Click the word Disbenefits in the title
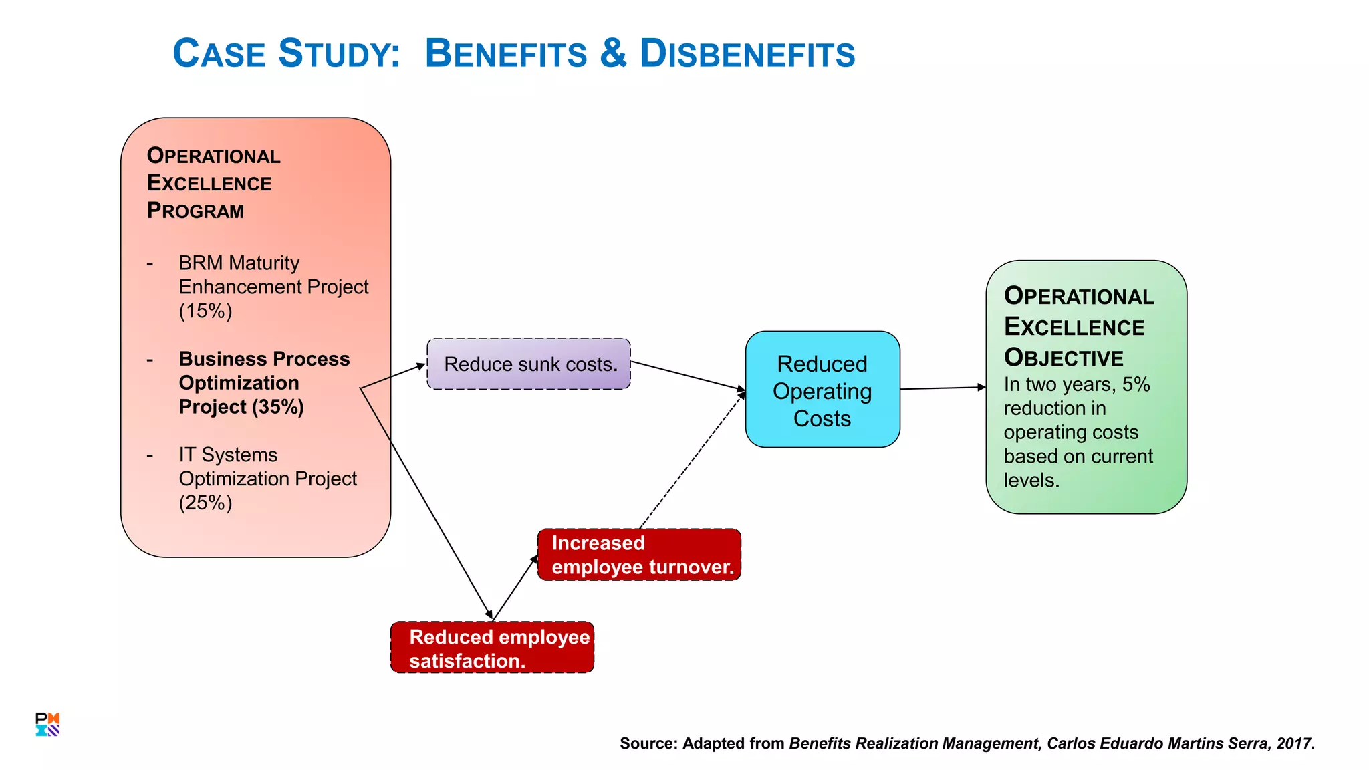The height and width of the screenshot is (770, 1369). coord(747,53)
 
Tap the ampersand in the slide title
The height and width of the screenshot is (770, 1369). coord(613,53)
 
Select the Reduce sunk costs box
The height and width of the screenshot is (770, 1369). coord(528,364)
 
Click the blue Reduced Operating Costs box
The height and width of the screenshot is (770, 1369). coord(822,390)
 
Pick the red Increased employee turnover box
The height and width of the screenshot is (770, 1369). coord(639,555)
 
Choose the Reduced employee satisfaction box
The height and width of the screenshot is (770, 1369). coord(492,648)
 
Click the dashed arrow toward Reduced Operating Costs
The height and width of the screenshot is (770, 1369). coord(692,461)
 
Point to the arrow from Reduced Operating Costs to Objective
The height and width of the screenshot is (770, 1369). coord(943,388)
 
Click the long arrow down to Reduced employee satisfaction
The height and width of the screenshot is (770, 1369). coord(428,505)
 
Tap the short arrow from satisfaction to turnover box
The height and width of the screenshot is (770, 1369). coord(515,588)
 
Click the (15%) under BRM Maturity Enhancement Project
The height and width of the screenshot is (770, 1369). coord(205,311)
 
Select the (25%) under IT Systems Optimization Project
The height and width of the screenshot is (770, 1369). coord(205,503)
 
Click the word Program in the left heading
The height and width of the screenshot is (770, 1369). coord(195,211)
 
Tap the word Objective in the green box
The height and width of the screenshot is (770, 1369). coord(1063,358)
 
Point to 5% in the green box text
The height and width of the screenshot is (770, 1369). coord(1136,384)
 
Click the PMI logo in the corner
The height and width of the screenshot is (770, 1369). coord(47,725)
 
